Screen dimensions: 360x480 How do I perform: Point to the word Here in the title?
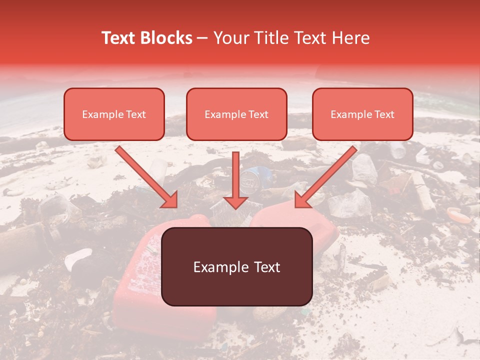[x=348, y=38]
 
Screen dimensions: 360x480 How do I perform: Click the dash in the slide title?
[x=203, y=38]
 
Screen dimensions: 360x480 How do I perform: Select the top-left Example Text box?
[x=114, y=114]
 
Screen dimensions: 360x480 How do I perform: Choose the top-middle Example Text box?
[x=236, y=114]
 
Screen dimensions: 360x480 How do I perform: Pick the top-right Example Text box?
[x=362, y=114]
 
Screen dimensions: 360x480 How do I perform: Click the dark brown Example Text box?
[x=236, y=266]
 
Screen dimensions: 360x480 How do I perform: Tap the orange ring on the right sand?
[x=458, y=215]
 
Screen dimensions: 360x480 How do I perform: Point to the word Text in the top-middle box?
[x=258, y=114]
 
